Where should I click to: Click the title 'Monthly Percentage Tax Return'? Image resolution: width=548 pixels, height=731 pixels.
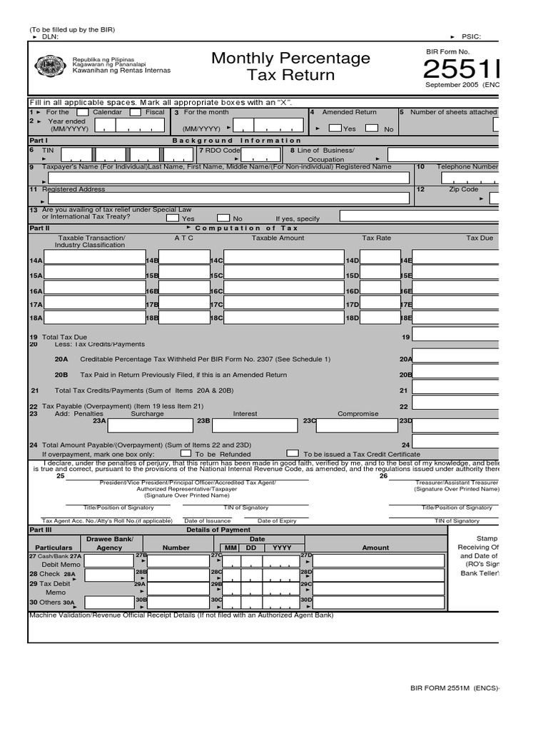click(290, 66)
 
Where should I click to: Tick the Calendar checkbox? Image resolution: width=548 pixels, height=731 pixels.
click(83, 112)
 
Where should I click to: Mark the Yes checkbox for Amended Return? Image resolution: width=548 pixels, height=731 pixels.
click(334, 128)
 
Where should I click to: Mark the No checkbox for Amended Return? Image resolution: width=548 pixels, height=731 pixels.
click(371, 128)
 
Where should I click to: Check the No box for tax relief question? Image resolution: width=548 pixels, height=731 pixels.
click(223, 218)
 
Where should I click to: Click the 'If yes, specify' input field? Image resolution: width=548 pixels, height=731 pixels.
click(418, 216)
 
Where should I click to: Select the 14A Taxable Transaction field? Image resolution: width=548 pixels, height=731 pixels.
click(94, 261)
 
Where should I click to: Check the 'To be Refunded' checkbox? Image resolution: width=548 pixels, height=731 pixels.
click(186, 453)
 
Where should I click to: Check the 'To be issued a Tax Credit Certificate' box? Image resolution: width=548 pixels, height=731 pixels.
click(293, 453)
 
